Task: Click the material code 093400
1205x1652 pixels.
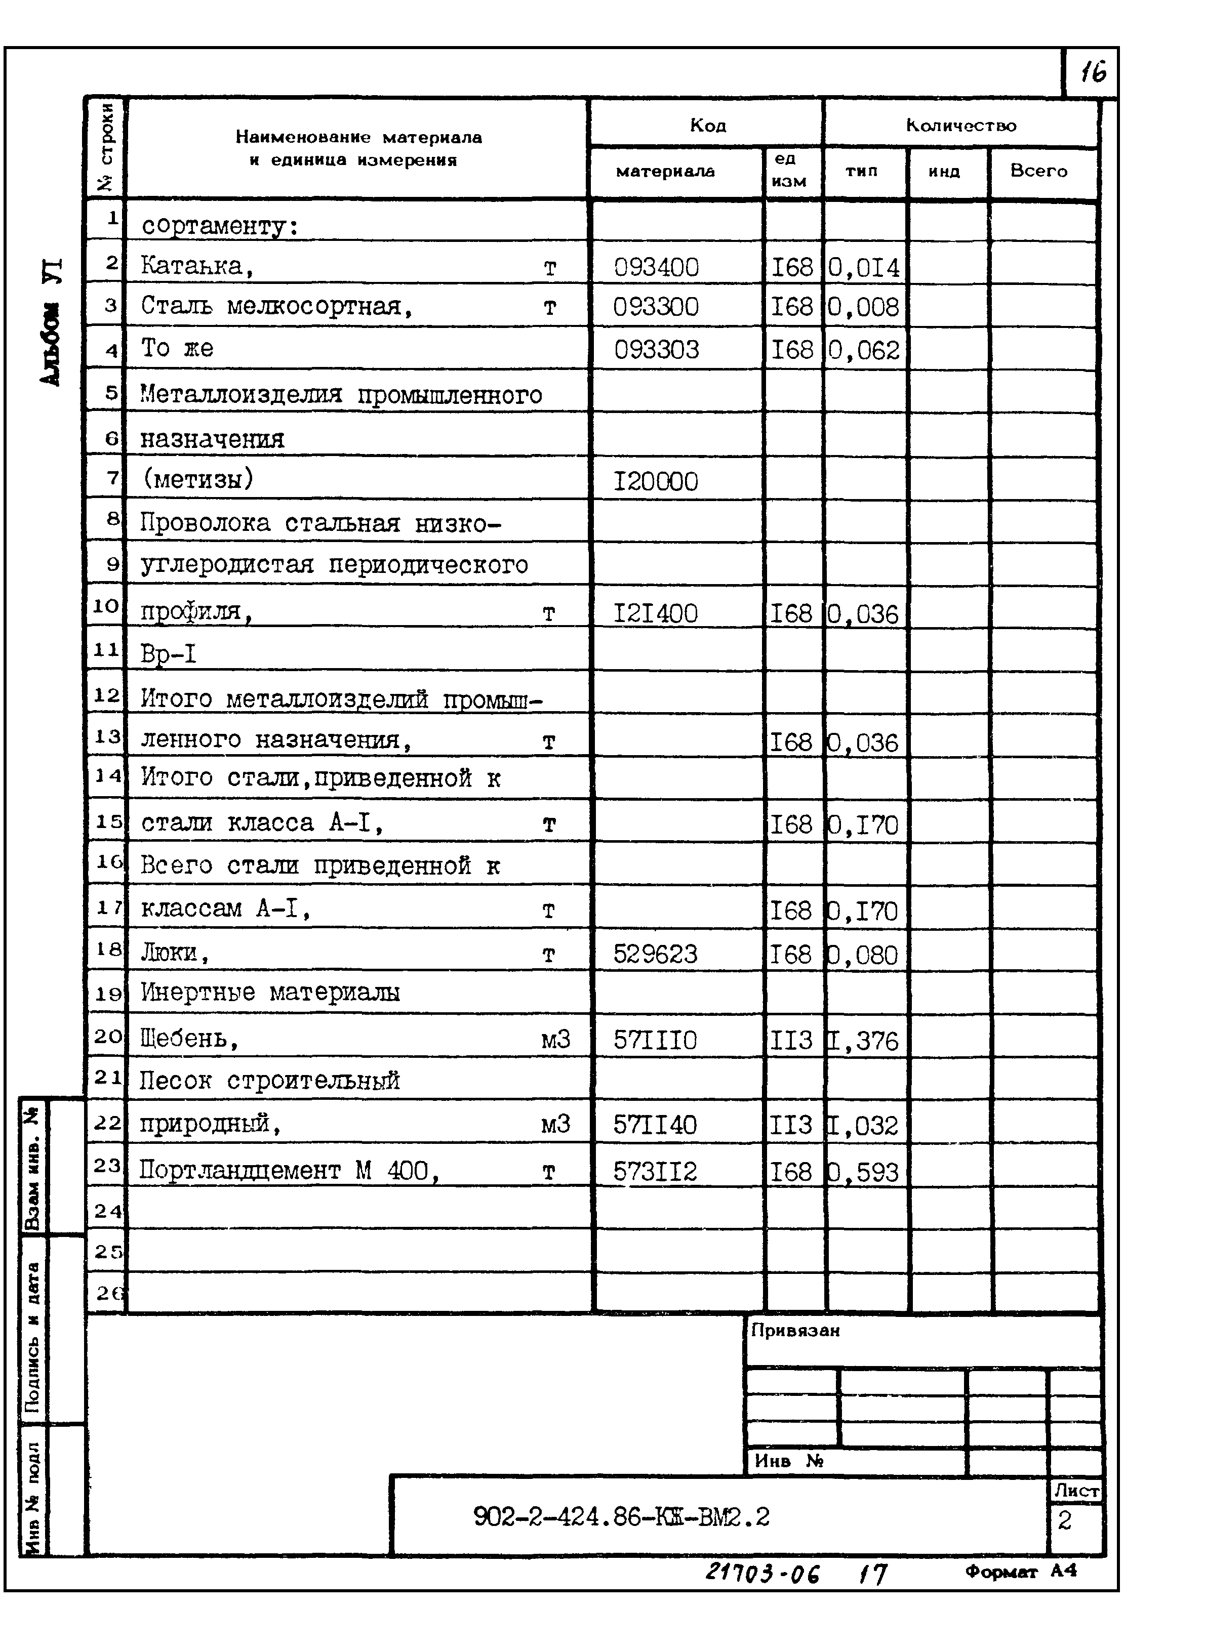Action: [656, 268]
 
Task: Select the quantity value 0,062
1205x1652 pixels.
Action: [864, 351]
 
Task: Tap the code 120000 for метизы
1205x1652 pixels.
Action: [655, 481]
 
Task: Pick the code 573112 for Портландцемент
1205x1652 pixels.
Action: [655, 1172]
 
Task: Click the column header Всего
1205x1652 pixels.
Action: [1039, 171]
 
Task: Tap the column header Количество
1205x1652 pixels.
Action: [960, 126]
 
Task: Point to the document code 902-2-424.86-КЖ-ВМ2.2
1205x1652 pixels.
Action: [621, 1517]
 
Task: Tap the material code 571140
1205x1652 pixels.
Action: [655, 1125]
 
